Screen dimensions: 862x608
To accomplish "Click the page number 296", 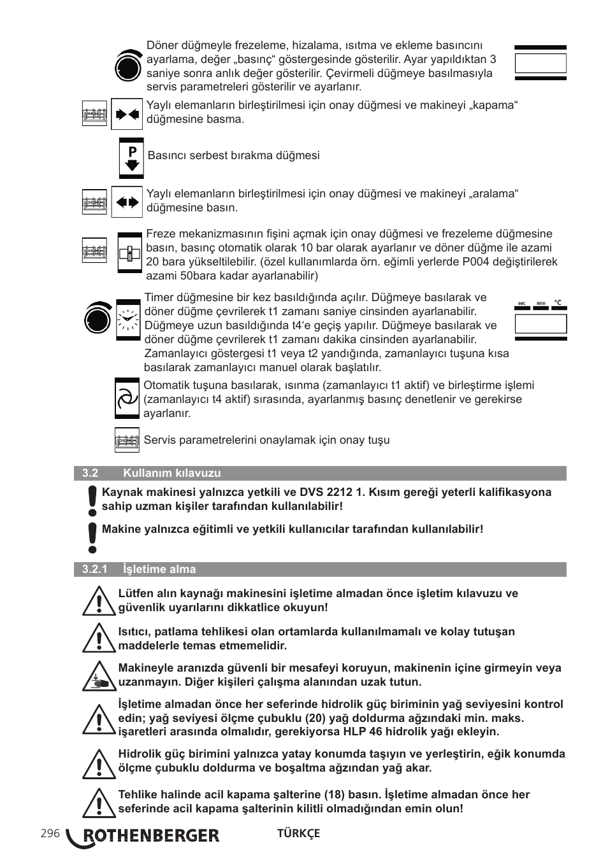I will (49, 834).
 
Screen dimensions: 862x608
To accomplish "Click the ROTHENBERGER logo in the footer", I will (144, 836).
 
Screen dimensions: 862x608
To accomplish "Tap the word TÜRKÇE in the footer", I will (298, 833).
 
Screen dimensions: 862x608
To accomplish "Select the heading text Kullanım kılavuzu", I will (172, 473).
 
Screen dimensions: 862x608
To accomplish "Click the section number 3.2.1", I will (94, 569).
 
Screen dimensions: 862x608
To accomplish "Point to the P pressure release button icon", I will (131, 157).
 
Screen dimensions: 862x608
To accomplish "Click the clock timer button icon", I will (128, 320).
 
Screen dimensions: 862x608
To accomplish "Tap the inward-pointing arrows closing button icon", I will (127, 114).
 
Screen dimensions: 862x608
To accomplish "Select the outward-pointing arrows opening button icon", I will (127, 202).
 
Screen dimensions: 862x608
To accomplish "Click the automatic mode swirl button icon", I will (127, 399).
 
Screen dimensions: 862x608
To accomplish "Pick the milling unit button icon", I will (129, 253).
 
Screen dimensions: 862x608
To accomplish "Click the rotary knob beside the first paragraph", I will (128, 66).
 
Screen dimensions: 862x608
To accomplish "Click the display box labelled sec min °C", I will (540, 323).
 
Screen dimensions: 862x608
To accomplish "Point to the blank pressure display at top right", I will (540, 63).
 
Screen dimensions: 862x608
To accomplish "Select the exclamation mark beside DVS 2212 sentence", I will (93, 500).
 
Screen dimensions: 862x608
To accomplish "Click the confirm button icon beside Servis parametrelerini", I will (127, 440).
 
